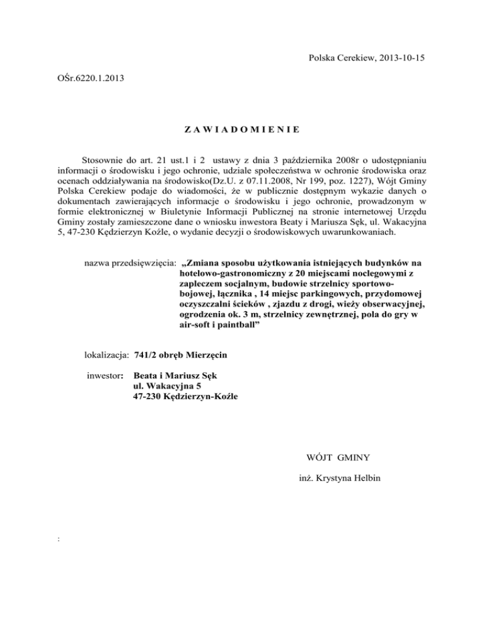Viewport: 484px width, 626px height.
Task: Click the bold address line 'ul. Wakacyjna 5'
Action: pos(166,386)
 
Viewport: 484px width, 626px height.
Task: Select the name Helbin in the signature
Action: pos(364,479)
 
